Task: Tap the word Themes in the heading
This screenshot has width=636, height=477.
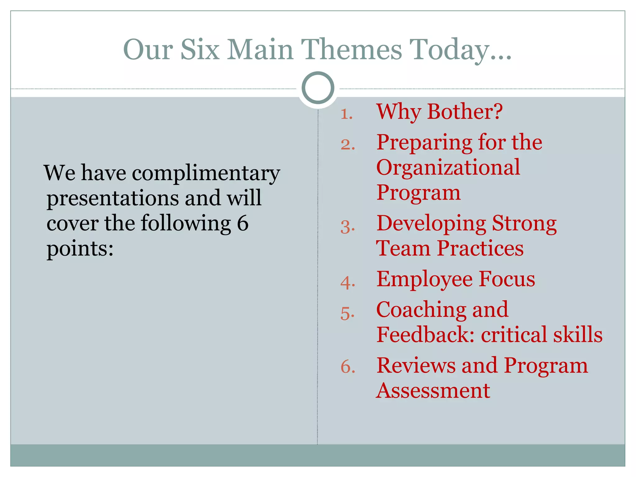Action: (352, 50)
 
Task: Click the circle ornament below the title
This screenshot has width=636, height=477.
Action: (318, 88)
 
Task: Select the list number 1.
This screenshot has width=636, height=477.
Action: (347, 114)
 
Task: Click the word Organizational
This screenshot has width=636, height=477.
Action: (448, 168)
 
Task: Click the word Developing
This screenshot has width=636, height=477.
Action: (431, 224)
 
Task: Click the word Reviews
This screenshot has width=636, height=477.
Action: (416, 366)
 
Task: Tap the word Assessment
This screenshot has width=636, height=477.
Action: (433, 391)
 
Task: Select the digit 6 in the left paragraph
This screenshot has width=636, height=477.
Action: (243, 223)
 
